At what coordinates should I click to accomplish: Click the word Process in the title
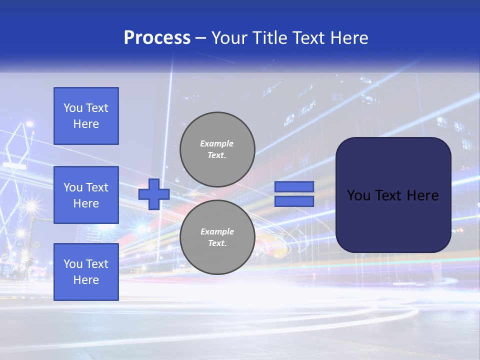[157, 38]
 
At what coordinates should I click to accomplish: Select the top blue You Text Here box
[86, 116]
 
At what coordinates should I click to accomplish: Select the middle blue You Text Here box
[86, 195]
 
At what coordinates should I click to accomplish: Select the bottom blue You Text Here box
[86, 271]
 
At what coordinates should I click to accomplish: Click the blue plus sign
[154, 194]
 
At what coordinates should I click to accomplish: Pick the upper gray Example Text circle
[217, 149]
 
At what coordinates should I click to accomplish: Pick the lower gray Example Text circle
[217, 237]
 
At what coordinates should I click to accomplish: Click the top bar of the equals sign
[294, 186]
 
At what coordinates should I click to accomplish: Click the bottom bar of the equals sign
[294, 201]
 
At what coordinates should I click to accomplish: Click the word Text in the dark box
[390, 195]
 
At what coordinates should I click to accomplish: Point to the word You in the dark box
[358, 195]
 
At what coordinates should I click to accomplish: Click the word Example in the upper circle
[217, 143]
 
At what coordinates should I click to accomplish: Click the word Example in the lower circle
[217, 231]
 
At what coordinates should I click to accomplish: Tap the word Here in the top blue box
[86, 124]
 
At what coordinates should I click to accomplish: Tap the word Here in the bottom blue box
[86, 280]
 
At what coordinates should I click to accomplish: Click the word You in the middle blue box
[73, 187]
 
